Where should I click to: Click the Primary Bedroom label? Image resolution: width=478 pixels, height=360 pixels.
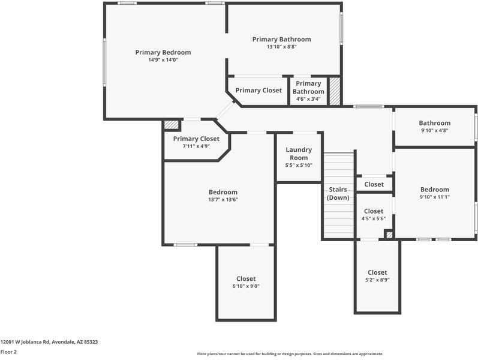pos(163,52)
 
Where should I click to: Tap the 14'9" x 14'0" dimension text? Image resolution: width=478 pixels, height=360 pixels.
pos(163,60)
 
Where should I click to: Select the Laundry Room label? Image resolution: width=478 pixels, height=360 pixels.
pos(299,154)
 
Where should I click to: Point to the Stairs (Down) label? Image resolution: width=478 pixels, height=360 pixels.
pos(338,193)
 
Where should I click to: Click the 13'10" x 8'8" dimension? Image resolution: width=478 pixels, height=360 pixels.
pos(282,47)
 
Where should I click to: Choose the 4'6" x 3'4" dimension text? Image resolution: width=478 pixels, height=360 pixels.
pos(308,99)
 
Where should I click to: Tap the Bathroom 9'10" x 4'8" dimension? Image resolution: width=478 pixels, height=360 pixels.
pos(435,130)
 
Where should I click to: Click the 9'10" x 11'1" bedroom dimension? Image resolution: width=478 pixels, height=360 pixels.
pos(435,197)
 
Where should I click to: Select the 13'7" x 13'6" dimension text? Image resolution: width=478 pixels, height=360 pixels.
pos(223,200)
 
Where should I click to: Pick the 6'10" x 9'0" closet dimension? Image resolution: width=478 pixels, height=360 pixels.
pos(246,286)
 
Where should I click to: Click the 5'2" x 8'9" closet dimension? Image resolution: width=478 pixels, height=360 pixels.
pos(377,280)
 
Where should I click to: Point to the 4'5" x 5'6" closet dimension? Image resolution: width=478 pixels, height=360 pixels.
pos(374,218)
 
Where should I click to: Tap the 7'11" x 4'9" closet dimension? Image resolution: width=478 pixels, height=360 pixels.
pos(196,146)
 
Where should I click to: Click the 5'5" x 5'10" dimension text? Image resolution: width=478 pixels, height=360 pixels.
pos(299,165)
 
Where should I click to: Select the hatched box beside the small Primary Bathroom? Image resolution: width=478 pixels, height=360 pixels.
pos(335,91)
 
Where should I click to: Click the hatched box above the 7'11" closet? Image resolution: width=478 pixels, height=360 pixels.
pos(171,124)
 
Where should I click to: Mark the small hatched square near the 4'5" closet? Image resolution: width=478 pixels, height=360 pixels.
pos(389,235)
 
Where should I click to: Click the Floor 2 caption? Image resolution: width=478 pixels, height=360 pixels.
pos(8,352)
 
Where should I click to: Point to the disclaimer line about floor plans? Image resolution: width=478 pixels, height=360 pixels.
pos(290,354)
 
